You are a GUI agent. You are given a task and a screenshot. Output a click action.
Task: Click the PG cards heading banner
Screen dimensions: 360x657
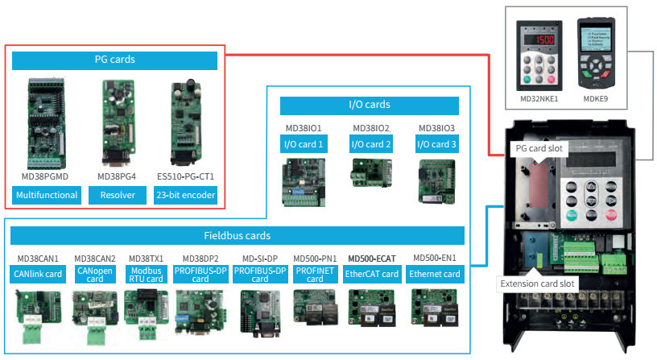pyautogui.click(x=115, y=60)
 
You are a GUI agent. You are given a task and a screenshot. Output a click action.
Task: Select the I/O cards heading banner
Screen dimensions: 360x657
pyautogui.click(x=369, y=105)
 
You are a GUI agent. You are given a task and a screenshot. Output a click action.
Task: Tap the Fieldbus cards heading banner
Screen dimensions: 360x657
pyautogui.click(x=238, y=236)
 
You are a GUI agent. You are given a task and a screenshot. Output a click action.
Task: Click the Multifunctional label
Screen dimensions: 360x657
pyautogui.click(x=47, y=195)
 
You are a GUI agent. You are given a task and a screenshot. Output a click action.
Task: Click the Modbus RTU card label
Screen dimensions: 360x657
pyautogui.click(x=146, y=275)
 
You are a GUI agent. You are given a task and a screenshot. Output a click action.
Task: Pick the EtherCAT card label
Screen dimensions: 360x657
pyautogui.click(x=372, y=275)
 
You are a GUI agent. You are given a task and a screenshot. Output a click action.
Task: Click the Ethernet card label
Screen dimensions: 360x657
pyautogui.click(x=436, y=275)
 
